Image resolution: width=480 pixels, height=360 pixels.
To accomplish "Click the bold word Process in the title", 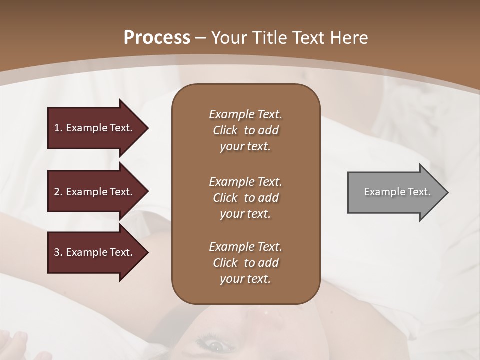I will tap(157, 37).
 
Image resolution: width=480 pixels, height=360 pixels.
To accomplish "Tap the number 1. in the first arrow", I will tap(58, 128).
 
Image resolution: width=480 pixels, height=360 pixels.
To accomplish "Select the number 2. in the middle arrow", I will tap(58, 192).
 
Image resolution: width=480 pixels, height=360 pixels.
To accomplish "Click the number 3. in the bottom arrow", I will tap(58, 252).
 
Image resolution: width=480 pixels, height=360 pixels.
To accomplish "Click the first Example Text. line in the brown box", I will tap(245, 114).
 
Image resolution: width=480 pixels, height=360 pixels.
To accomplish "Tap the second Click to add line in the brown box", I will tap(245, 198).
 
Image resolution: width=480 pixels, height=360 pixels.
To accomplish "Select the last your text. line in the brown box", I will tap(245, 279).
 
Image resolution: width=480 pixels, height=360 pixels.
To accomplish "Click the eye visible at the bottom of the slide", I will tap(214, 345).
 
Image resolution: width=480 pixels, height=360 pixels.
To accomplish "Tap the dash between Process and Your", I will tap(200, 38).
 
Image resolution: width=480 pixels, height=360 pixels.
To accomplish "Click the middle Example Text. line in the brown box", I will tap(245, 181).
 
